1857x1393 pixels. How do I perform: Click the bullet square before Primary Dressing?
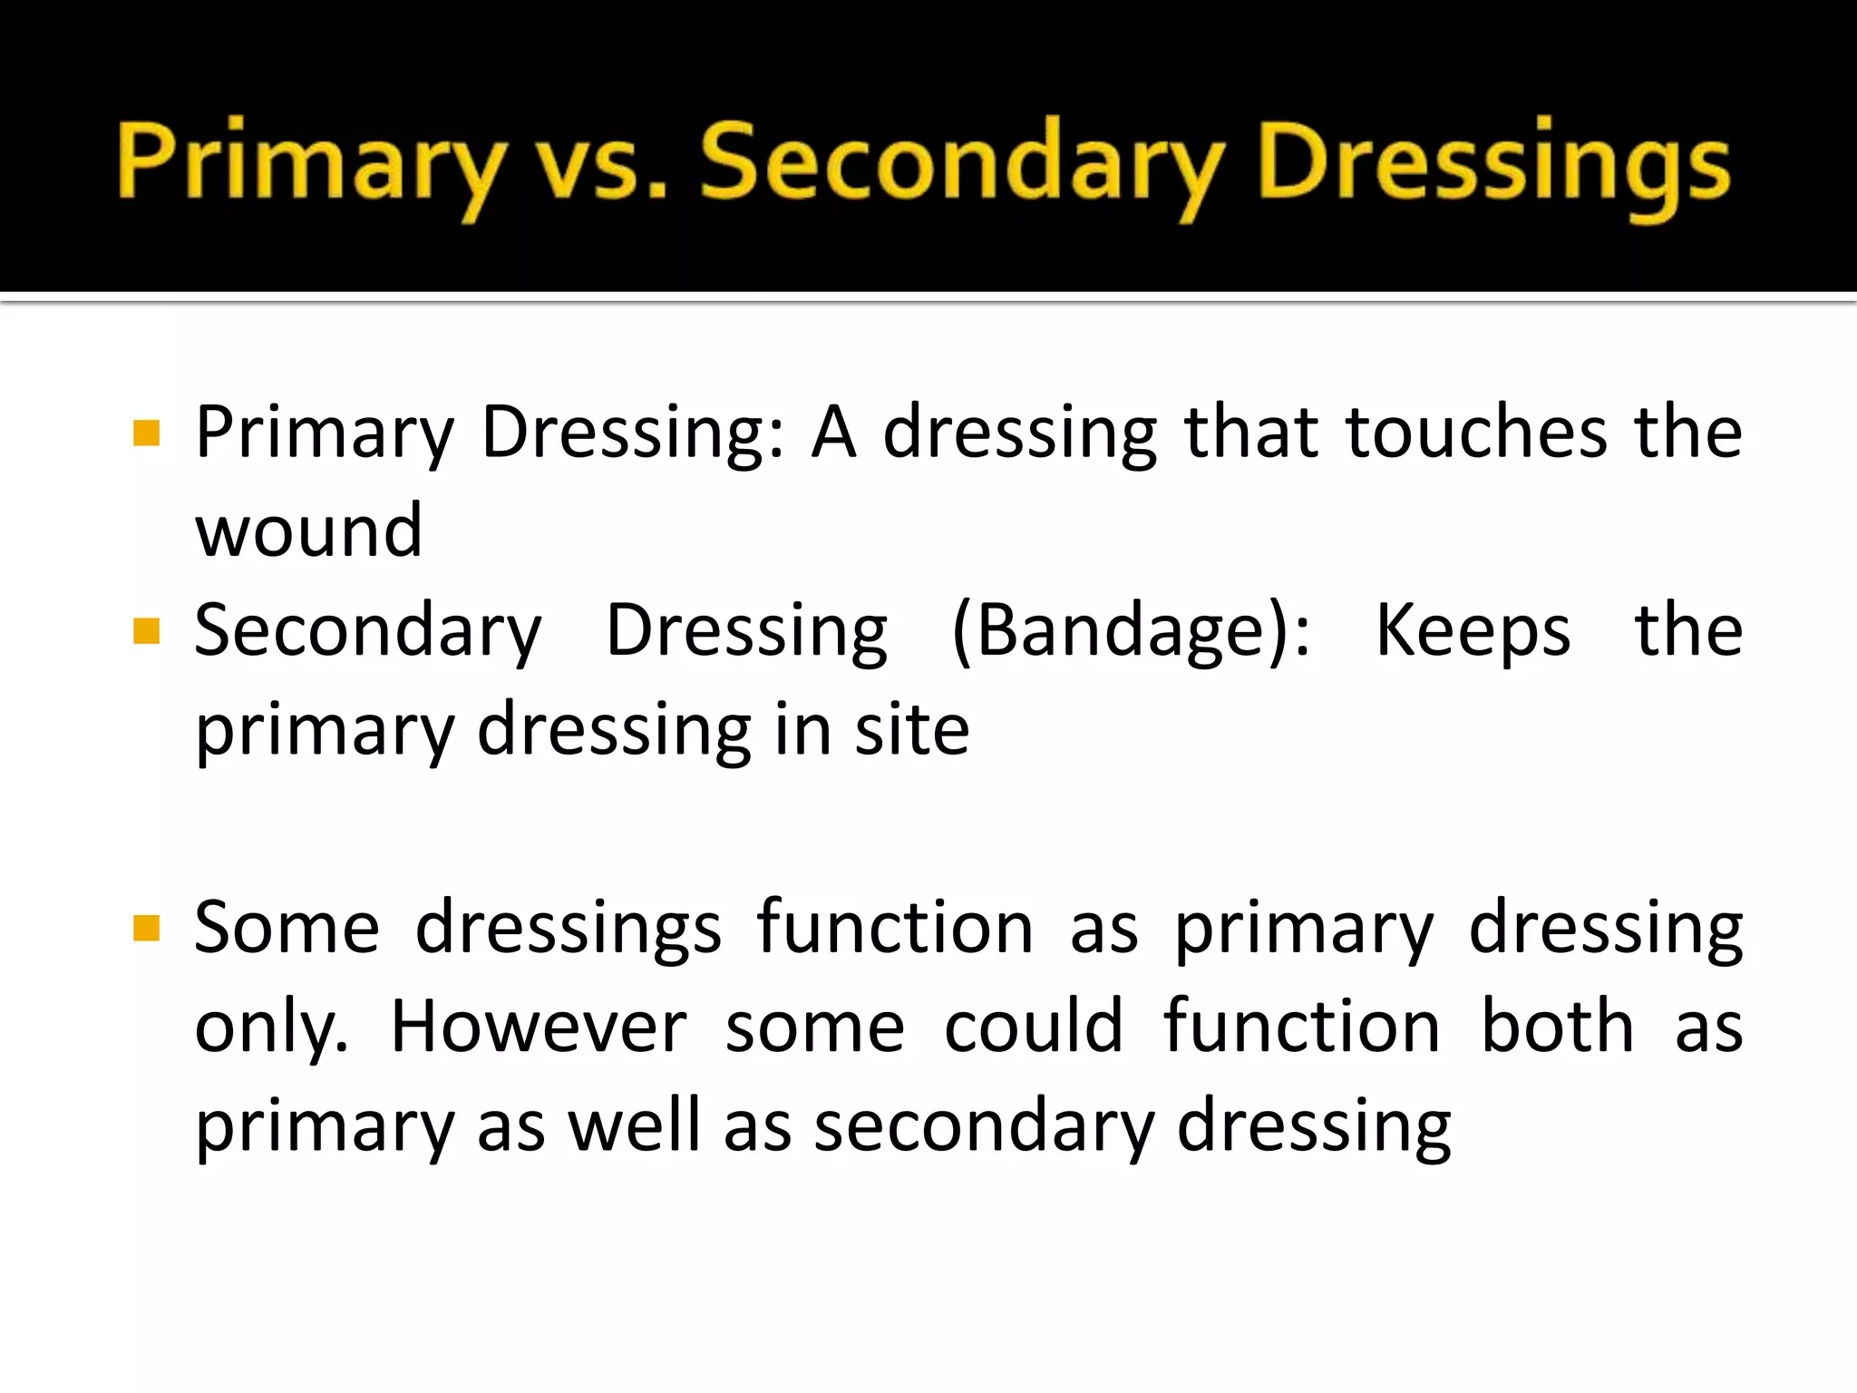(x=146, y=433)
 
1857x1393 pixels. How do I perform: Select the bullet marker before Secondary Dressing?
(x=146, y=631)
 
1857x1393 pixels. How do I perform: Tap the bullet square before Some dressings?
(x=146, y=929)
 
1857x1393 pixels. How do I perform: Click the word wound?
(x=309, y=531)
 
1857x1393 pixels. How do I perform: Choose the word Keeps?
(x=1473, y=630)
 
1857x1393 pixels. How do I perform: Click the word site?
(x=911, y=729)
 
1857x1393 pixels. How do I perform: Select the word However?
(x=539, y=1028)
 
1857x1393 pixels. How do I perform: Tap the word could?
(x=1034, y=1028)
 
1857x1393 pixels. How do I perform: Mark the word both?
(x=1557, y=1028)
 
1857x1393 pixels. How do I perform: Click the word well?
(x=635, y=1125)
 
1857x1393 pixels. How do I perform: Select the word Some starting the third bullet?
(x=287, y=929)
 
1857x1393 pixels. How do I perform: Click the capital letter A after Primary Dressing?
(x=833, y=433)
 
